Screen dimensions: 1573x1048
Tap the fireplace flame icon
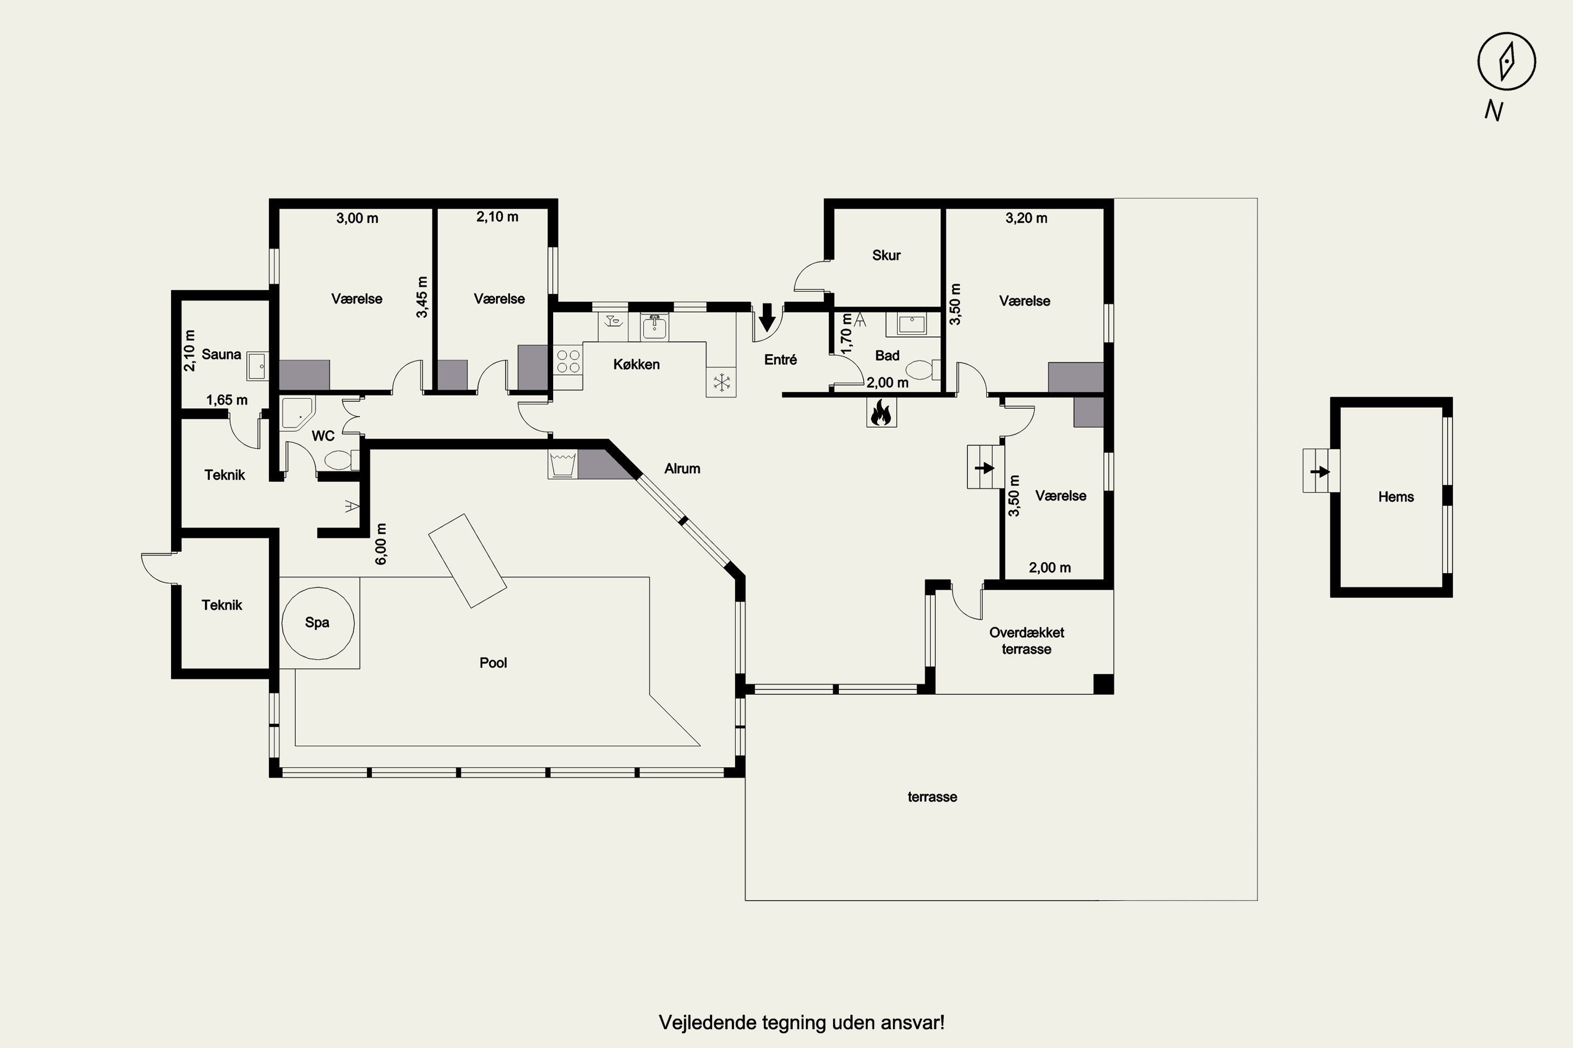point(881,412)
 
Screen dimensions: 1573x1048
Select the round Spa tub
point(318,623)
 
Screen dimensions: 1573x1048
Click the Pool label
point(493,662)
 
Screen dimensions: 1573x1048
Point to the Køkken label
point(636,364)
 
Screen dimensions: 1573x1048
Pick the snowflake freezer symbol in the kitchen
point(721,383)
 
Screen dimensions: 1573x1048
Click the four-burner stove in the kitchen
point(568,362)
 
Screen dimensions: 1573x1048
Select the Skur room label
point(886,255)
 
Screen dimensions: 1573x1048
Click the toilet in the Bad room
point(923,369)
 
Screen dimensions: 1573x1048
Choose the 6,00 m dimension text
point(381,543)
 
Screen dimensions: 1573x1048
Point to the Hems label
point(1396,497)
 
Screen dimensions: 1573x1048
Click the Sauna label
point(221,354)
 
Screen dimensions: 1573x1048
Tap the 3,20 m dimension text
point(1027,218)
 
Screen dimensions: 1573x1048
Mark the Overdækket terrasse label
point(1027,640)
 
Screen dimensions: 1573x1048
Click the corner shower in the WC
point(296,413)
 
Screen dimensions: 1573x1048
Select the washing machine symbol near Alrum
point(563,464)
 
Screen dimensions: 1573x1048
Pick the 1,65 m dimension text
point(227,400)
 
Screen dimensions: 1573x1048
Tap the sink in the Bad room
point(907,325)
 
